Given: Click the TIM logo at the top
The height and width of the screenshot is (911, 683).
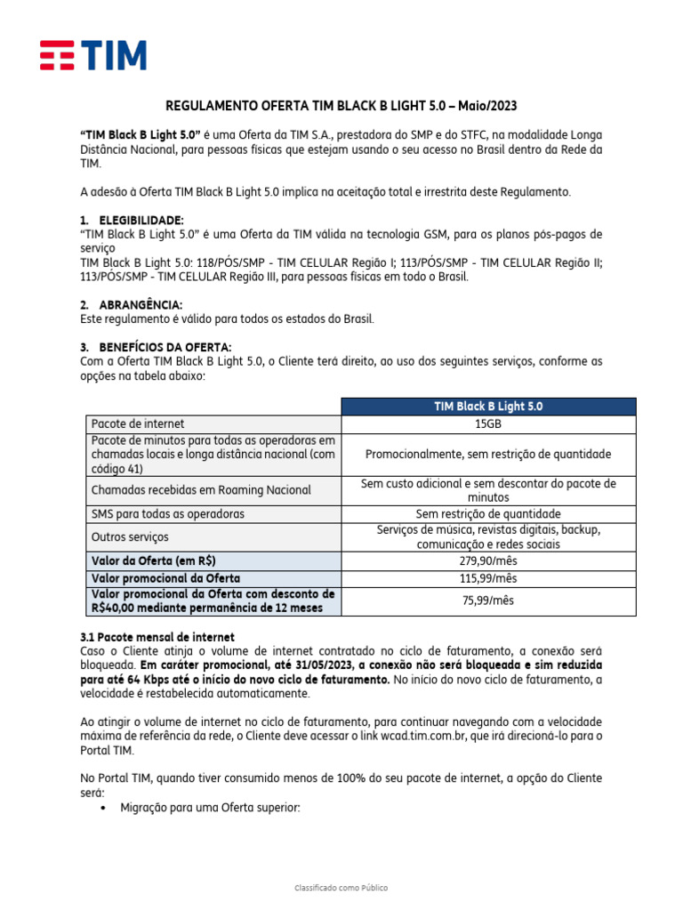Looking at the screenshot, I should [x=92, y=55].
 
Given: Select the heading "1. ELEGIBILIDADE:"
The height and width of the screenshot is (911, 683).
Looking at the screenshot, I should [x=133, y=220].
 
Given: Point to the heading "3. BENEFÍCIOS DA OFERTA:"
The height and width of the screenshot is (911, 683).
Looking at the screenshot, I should [x=156, y=346].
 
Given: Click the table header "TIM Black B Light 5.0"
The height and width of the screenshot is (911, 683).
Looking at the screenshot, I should [x=488, y=407].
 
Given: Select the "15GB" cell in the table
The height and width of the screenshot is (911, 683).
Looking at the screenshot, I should [x=488, y=424].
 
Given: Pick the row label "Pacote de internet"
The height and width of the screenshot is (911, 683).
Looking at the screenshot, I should [x=138, y=424].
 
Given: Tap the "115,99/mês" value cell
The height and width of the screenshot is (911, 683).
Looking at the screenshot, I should [x=488, y=578].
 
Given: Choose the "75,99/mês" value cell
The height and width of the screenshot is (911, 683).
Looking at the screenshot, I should [x=488, y=601].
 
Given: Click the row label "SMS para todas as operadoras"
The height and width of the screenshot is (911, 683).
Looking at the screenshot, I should [x=167, y=514].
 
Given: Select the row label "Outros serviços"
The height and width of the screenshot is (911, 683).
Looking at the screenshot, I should [x=130, y=537].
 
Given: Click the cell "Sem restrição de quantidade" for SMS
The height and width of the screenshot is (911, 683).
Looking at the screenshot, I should [x=488, y=514].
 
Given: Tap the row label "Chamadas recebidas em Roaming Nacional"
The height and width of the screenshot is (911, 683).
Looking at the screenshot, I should [x=201, y=490].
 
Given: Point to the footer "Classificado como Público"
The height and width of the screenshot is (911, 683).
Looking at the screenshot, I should [x=341, y=888].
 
